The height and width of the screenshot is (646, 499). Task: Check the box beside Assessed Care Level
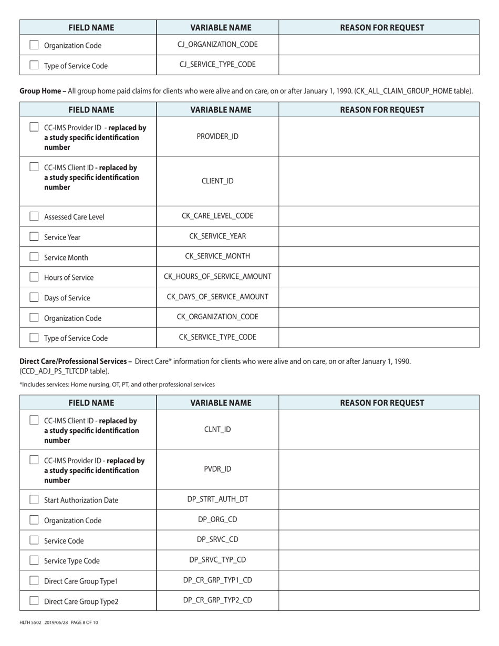34,216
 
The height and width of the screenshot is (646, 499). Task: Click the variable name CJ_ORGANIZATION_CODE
217,45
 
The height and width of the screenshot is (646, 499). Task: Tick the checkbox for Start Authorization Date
34,499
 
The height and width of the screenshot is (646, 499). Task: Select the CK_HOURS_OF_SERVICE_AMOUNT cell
217,276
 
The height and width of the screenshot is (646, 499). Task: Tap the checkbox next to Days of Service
34,297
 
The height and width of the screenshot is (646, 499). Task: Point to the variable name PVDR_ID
217,469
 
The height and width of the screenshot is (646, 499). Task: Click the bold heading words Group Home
40,91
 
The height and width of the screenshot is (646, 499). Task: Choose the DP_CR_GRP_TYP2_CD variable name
217,600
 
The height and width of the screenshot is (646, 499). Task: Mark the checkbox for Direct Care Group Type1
34,580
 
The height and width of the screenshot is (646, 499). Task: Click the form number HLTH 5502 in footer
30,622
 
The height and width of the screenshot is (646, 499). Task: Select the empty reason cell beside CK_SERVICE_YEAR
379,236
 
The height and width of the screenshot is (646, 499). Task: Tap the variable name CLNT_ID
217,429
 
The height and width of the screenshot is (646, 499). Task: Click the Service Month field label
66,257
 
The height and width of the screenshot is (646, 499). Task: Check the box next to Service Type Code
34,560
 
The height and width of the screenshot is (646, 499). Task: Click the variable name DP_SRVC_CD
217,539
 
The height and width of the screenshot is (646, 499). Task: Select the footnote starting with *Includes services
117,384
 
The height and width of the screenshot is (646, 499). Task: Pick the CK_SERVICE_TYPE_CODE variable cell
217,337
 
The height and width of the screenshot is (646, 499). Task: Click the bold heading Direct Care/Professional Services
74,361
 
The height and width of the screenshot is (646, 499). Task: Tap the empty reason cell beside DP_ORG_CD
379,519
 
